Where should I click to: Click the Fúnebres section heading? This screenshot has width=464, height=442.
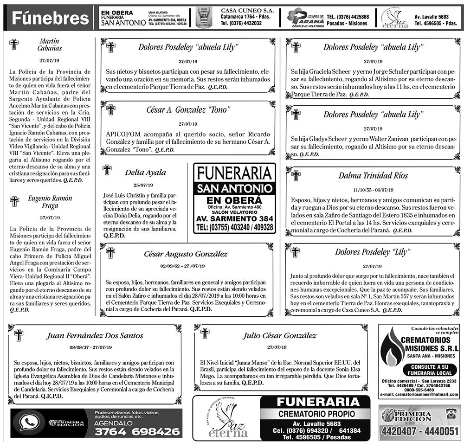(50, 18)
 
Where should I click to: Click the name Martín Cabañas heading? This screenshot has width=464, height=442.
(50, 45)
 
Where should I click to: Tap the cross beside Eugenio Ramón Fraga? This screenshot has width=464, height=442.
(14, 201)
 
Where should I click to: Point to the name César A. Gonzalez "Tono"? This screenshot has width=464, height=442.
(188, 110)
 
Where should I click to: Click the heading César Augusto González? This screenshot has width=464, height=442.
(186, 254)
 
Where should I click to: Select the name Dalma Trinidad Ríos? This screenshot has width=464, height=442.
(373, 175)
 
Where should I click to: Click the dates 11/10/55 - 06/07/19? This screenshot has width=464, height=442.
(374, 190)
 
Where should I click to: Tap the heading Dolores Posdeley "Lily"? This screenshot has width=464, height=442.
(373, 252)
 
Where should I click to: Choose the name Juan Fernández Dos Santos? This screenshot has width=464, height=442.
(95, 335)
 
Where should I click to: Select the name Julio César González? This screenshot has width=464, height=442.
(279, 335)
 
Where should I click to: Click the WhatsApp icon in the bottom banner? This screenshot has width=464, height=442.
(29, 423)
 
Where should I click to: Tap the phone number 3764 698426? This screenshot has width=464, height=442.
(137, 431)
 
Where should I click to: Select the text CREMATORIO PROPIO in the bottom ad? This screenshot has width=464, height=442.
(316, 413)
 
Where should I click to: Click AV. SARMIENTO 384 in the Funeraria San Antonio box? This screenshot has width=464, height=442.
(234, 218)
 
